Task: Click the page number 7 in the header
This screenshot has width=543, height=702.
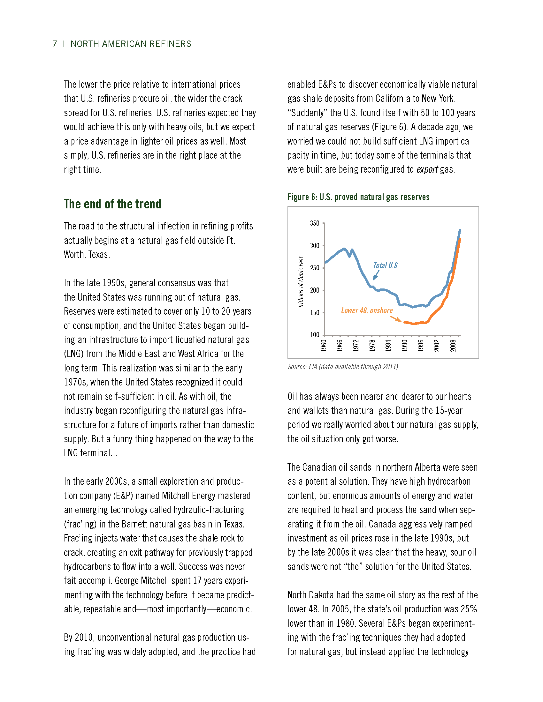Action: [55, 44]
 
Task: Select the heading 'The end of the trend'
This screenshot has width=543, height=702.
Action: [112, 204]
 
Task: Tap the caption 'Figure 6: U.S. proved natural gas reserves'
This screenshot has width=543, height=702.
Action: [358, 197]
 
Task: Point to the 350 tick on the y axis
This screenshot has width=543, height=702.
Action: [315, 223]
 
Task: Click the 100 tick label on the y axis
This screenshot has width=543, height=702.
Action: [315, 335]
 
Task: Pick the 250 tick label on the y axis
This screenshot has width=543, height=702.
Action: [315, 268]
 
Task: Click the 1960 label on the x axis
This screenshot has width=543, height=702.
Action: [324, 345]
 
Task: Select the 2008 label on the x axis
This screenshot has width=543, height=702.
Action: [453, 345]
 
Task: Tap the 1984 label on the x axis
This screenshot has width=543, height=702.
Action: [389, 345]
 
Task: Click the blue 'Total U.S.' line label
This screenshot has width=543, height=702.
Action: [386, 265]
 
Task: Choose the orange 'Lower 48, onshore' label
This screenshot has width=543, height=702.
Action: [367, 310]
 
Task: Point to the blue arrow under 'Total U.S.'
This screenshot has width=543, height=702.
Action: [376, 275]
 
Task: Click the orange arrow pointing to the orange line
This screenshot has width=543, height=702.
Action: [396, 318]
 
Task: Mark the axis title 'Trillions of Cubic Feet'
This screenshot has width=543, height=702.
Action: [301, 282]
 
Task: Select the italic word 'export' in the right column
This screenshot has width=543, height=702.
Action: [427, 169]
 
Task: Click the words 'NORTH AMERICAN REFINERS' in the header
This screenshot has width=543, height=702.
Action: [131, 44]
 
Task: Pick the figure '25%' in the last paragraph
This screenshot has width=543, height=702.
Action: [468, 609]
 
